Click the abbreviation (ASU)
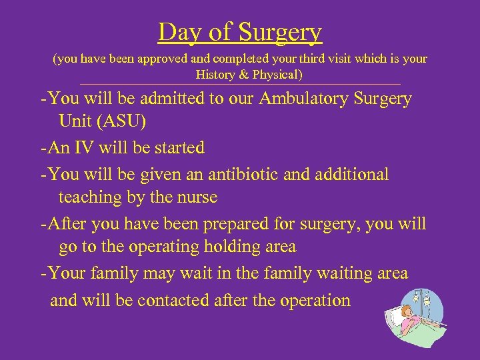point(121,123)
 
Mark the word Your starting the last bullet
point(69,273)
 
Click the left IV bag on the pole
point(416,297)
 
